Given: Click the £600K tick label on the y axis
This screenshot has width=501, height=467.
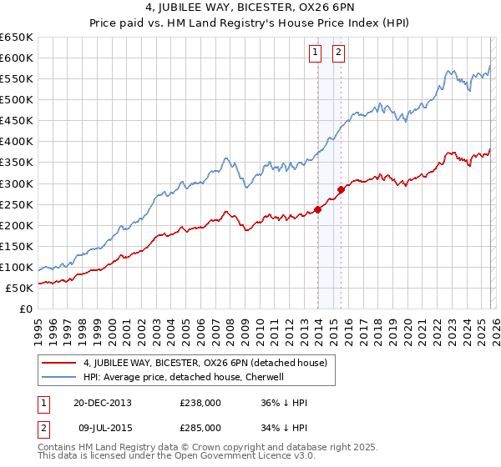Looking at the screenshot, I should tap(17, 58).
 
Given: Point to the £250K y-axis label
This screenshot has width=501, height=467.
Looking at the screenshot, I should tap(17, 204).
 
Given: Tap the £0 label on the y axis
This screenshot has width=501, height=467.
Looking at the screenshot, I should tap(27, 309).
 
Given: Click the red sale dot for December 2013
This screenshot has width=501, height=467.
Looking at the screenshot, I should tap(317, 209).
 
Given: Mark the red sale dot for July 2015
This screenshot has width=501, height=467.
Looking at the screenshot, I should tap(341, 189).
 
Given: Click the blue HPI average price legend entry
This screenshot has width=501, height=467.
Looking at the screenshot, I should tap(184, 377).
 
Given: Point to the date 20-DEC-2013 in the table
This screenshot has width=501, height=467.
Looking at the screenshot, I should tap(102, 403).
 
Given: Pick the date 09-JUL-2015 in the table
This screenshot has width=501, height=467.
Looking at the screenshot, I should tap(102, 428).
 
